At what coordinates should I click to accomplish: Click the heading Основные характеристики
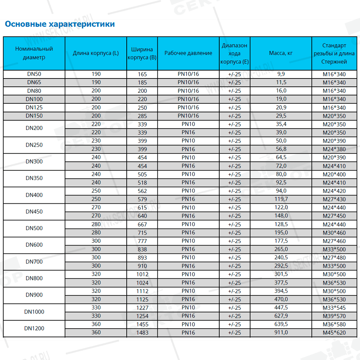click(x=59, y=24)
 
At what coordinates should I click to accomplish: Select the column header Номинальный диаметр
click(x=34, y=53)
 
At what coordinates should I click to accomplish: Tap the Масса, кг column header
click(x=281, y=53)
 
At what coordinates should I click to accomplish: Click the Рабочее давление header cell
click(x=188, y=53)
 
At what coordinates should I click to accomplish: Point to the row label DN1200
click(x=34, y=328)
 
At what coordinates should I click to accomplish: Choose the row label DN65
click(x=34, y=82)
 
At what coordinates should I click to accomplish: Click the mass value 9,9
click(x=281, y=74)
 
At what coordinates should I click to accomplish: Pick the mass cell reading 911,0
click(x=281, y=333)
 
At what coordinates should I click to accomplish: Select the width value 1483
click(x=142, y=333)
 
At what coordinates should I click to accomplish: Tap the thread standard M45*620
click(x=334, y=333)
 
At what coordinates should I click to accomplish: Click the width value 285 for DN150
click(x=142, y=116)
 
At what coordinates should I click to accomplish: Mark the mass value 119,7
click(x=281, y=199)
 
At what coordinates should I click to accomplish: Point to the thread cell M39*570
click(x=334, y=316)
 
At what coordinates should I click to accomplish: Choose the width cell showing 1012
click(x=142, y=274)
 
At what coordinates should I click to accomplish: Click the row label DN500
click(x=34, y=228)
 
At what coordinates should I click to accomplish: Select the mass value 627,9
click(x=281, y=316)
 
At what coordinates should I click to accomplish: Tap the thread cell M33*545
click(x=334, y=308)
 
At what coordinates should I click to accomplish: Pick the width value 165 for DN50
click(x=142, y=74)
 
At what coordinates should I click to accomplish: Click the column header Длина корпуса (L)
click(x=96, y=53)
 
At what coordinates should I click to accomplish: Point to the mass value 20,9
click(x=281, y=108)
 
